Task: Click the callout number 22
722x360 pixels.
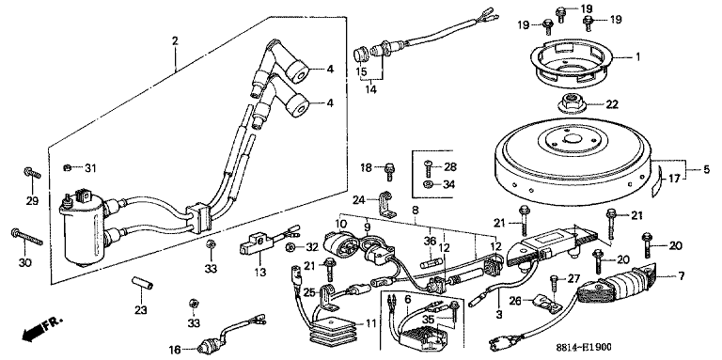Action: click(x=611, y=105)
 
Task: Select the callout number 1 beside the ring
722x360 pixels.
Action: click(x=637, y=57)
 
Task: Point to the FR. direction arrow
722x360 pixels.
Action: click(x=41, y=328)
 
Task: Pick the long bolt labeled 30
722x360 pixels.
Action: click(x=26, y=237)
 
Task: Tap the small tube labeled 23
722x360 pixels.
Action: click(x=142, y=283)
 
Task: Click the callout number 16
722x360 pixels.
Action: click(x=176, y=350)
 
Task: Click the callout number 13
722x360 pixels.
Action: click(x=260, y=273)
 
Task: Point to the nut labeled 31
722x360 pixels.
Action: click(x=68, y=167)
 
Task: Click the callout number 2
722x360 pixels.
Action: click(x=175, y=40)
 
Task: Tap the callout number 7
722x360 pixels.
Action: click(x=681, y=276)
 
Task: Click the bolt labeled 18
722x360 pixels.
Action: click(x=390, y=170)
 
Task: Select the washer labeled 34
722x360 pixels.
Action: click(x=428, y=184)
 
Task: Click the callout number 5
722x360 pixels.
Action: click(x=706, y=169)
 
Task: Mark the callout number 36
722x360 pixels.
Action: click(x=430, y=241)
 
